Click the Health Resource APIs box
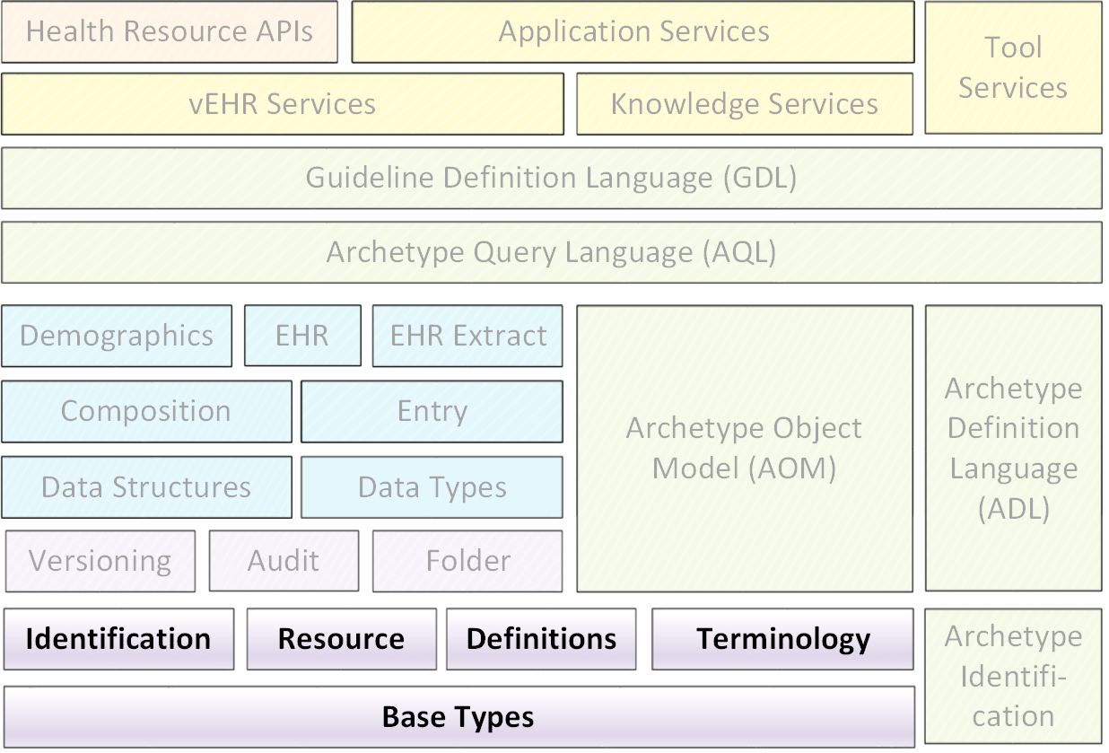(x=170, y=31)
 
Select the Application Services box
(x=633, y=31)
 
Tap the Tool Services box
(x=1014, y=67)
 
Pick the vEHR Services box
(x=283, y=104)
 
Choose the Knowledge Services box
(x=745, y=104)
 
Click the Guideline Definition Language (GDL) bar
(x=552, y=179)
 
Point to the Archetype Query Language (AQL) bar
(x=552, y=252)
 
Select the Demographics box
(x=117, y=336)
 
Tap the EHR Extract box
(x=467, y=336)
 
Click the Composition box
(x=146, y=411)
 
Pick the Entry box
(x=432, y=411)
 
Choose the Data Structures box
(x=146, y=487)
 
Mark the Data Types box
(x=432, y=487)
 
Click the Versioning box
(x=100, y=561)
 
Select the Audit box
(x=284, y=561)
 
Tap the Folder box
(x=467, y=561)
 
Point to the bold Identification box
(x=118, y=639)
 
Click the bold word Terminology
(x=783, y=639)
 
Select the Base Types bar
(x=459, y=717)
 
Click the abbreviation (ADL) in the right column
(x=1014, y=509)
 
